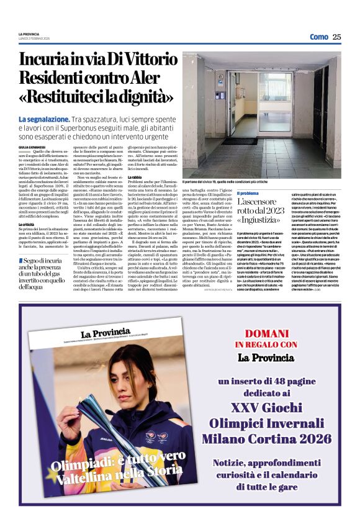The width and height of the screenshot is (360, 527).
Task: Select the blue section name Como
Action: coord(318,37)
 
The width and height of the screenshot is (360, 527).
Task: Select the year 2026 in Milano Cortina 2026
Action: coord(315,438)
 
